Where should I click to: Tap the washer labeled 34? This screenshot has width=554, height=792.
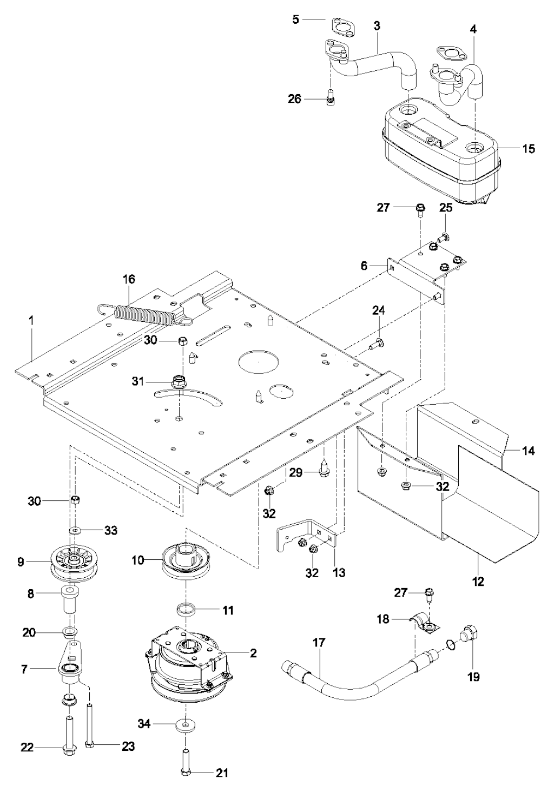(x=186, y=725)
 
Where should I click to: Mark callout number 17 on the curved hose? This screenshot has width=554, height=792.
(x=319, y=643)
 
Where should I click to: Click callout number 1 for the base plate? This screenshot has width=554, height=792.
(x=31, y=320)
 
